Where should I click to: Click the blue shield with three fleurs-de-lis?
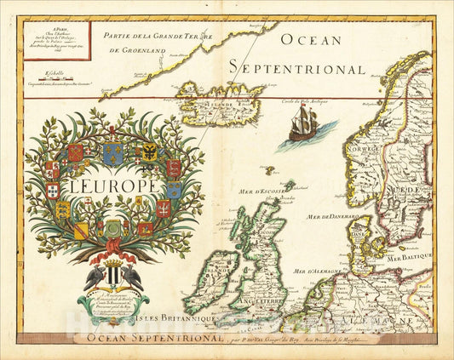[112, 152]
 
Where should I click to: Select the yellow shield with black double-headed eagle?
[150, 152]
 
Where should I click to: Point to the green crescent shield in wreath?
[112, 229]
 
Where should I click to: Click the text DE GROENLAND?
[139, 51]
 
